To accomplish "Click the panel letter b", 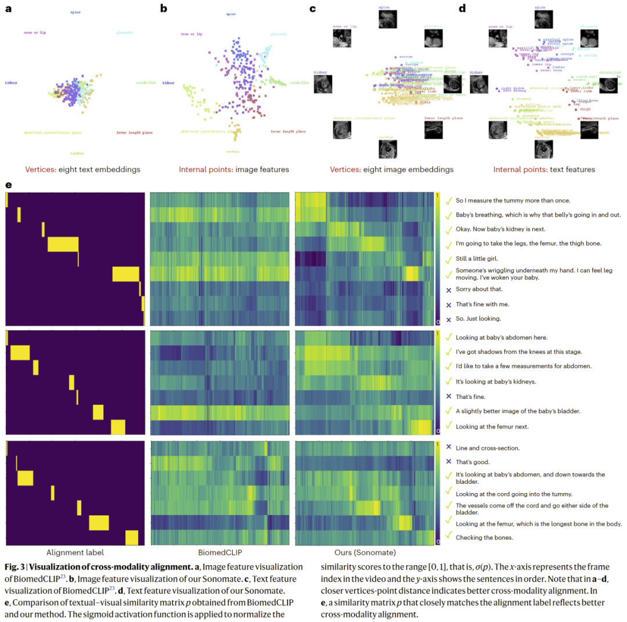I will (x=164, y=9).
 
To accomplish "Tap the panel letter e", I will (x=8, y=185).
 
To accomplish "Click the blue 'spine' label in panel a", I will (x=75, y=12).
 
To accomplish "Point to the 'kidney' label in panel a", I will (x=11, y=82).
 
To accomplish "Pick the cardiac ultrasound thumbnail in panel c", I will (x=388, y=148).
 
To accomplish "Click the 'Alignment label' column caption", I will (x=75, y=553).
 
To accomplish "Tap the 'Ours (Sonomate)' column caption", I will (x=364, y=553).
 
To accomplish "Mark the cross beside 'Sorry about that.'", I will (x=449, y=289).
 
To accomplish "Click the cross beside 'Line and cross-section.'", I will (x=449, y=448).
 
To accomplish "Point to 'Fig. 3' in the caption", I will (x=17, y=567).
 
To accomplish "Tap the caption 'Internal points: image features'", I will (x=234, y=170).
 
